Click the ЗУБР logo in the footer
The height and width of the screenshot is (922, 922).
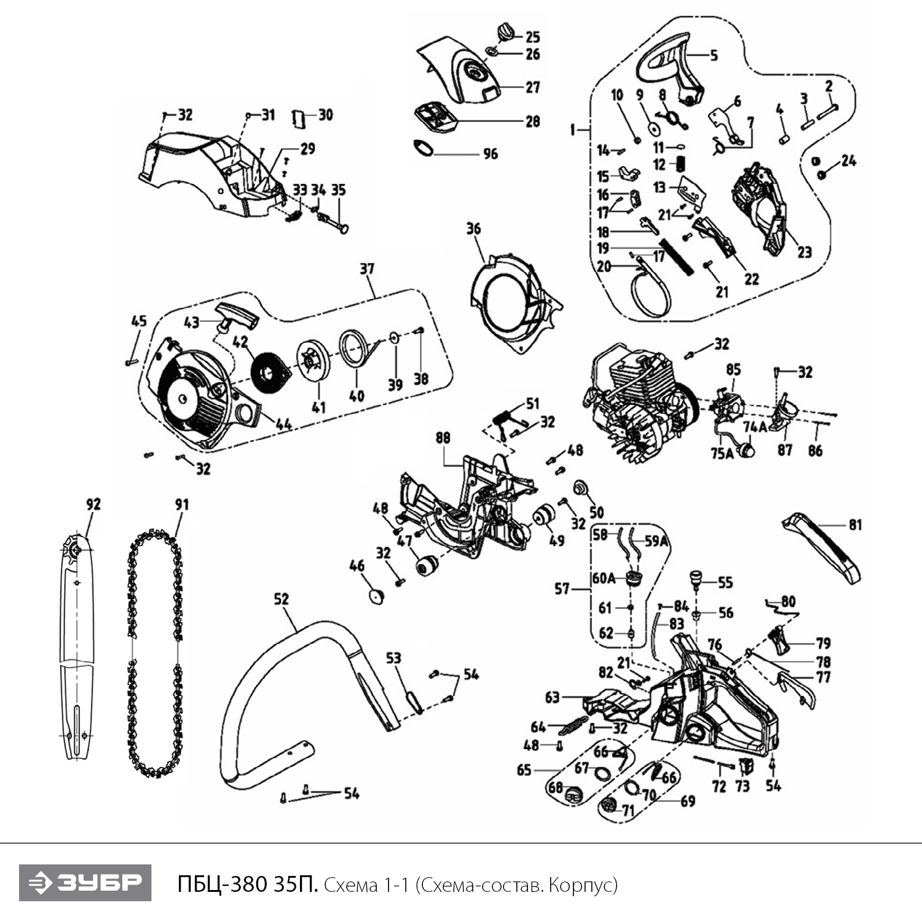(85, 883)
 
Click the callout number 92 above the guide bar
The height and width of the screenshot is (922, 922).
(93, 505)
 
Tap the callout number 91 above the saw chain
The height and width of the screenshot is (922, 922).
(182, 505)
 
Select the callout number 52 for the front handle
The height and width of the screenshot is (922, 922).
(281, 598)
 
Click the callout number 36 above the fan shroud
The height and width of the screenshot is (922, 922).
(473, 229)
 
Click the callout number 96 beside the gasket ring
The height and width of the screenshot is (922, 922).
(490, 154)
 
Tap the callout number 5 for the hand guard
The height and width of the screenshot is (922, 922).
(714, 55)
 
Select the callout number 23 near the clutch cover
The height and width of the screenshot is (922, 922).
(804, 252)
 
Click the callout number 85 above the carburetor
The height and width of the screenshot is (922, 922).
(733, 369)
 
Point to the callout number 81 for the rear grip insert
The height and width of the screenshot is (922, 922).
(855, 524)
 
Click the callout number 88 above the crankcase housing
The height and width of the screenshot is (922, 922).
(443, 438)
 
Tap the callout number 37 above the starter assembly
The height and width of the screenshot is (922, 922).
(367, 269)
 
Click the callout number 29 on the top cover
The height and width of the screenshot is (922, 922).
(307, 148)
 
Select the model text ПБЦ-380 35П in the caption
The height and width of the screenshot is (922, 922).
(247, 885)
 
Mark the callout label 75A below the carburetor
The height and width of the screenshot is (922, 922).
(722, 454)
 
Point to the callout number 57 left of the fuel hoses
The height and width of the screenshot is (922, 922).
(562, 589)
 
